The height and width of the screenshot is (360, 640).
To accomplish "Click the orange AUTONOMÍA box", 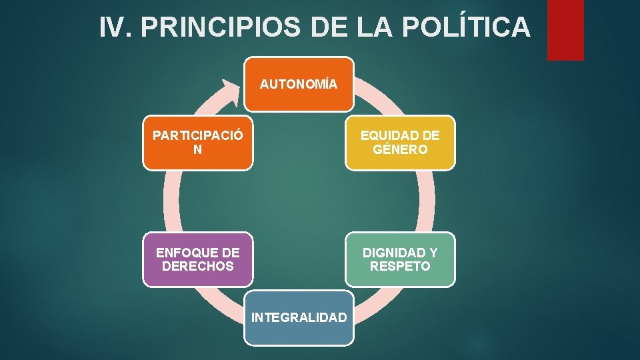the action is click(x=298, y=84).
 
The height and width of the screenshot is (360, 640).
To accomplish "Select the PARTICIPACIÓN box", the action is click(x=198, y=143).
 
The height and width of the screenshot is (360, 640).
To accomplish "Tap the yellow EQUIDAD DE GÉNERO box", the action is click(x=400, y=143).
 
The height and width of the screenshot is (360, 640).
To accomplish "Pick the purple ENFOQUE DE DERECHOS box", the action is click(x=198, y=259).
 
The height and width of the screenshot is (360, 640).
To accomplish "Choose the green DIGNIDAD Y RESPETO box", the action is click(x=400, y=259).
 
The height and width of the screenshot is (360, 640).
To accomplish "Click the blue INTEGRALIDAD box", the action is click(x=298, y=317).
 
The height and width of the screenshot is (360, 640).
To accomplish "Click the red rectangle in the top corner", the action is click(x=565, y=29).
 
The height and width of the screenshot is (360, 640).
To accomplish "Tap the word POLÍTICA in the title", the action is click(x=471, y=27).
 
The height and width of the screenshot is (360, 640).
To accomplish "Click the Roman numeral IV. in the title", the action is click(x=117, y=27).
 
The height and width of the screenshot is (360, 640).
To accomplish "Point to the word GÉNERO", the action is click(x=400, y=150).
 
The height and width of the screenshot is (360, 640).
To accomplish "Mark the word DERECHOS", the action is click(x=198, y=267).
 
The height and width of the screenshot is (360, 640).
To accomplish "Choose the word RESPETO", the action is click(x=400, y=267).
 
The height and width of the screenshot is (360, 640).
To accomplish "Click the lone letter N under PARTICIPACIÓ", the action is click(x=197, y=150).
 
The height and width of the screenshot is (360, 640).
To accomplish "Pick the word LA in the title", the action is click(x=383, y=27).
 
